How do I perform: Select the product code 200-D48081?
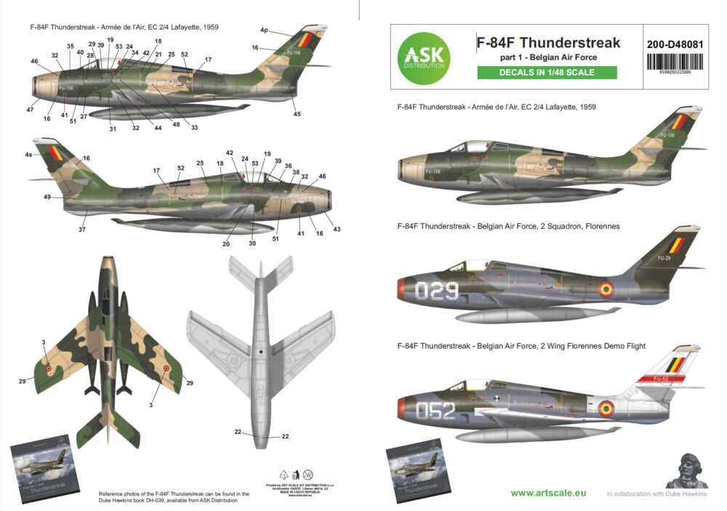(675, 43)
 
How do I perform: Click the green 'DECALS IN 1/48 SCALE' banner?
(547, 72)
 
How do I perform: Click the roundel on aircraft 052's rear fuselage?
(605, 408)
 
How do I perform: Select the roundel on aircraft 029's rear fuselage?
(606, 290)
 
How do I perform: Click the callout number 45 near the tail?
(297, 114)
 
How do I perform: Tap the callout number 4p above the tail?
(264, 31)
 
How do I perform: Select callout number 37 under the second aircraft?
(82, 230)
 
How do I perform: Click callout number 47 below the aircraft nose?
(31, 109)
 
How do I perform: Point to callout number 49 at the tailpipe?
(47, 197)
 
